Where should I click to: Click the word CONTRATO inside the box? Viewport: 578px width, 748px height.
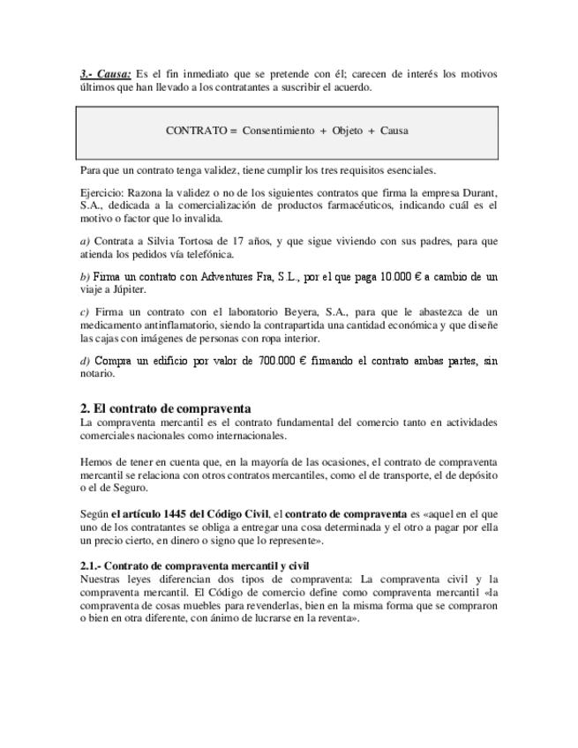pos(195,131)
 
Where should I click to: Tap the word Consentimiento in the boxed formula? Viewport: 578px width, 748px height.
pos(278,131)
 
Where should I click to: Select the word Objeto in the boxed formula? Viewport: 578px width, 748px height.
pos(347,131)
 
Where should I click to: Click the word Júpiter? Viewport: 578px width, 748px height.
pos(128,289)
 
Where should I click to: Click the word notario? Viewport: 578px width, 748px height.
pos(97,374)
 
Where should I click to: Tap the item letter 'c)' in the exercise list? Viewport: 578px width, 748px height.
pos(85,311)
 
